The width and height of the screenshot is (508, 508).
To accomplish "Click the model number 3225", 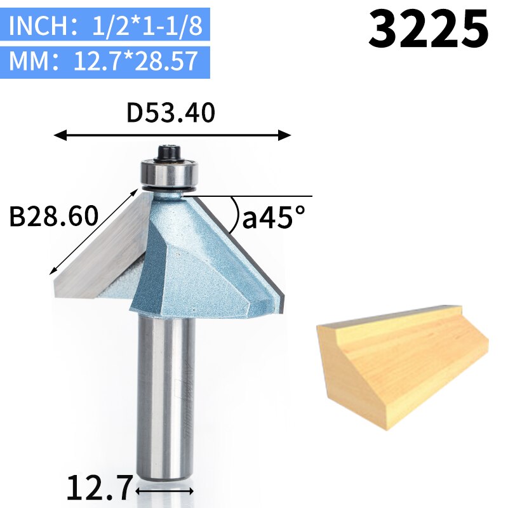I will pyautogui.click(x=429, y=29).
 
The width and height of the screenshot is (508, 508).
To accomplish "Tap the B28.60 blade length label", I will pyautogui.click(x=54, y=216).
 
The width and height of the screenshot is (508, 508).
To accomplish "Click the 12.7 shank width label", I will pyautogui.click(x=99, y=488).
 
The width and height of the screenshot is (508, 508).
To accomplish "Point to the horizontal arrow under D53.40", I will pyautogui.click(x=172, y=135).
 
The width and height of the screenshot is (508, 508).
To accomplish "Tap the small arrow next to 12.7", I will pyautogui.click(x=164, y=491).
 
